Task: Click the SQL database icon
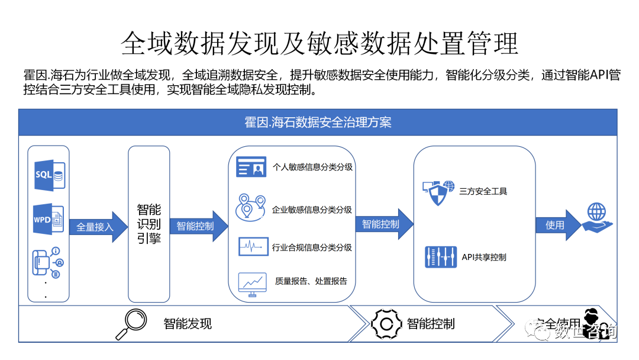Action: coord(49,175)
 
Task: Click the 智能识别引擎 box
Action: coord(149,224)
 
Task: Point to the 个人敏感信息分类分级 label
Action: coord(312,167)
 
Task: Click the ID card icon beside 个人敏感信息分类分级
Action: coord(251,167)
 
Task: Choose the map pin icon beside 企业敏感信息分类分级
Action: coord(251,207)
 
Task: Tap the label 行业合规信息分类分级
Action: coord(312,247)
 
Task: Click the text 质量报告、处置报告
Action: coord(311,281)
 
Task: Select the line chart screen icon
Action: coord(252,284)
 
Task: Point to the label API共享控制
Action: coord(483,257)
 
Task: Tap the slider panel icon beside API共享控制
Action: coord(440,257)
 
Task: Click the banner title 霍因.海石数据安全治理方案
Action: coord(318,123)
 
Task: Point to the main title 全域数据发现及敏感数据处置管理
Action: coord(319,42)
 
